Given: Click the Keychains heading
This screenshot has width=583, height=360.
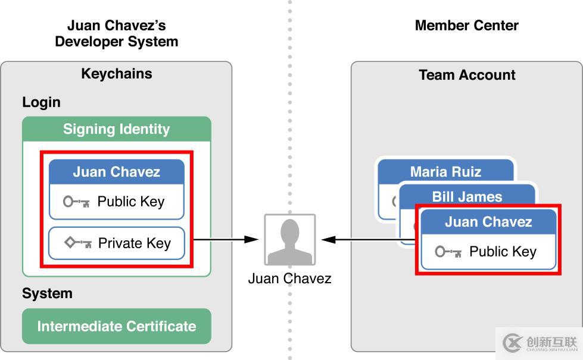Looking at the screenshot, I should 117,74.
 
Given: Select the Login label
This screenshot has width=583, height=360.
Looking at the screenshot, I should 41,102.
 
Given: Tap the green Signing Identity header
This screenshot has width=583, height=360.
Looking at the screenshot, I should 117,129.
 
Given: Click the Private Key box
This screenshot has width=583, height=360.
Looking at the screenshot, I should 117,243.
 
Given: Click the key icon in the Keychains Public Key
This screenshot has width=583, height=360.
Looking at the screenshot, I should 76,202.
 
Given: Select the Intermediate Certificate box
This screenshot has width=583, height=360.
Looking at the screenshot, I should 117,326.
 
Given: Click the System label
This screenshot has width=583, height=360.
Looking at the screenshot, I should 47,293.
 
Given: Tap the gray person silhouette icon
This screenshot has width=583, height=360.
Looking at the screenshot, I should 290,240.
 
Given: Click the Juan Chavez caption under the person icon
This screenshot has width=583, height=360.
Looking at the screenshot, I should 289,278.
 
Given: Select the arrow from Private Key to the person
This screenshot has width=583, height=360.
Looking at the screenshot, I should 225,240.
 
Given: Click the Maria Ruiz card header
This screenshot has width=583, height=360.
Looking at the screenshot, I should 445,172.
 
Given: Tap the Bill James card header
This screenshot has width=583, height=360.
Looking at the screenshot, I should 467,196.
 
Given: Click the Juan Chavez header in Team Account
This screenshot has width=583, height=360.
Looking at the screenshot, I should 488,222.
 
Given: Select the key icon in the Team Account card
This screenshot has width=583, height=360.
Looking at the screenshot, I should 448,252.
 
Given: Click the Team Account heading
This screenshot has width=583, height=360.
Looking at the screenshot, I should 467,75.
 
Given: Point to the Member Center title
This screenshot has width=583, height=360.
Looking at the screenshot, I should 467,26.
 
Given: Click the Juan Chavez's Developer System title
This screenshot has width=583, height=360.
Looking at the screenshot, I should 117,33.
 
